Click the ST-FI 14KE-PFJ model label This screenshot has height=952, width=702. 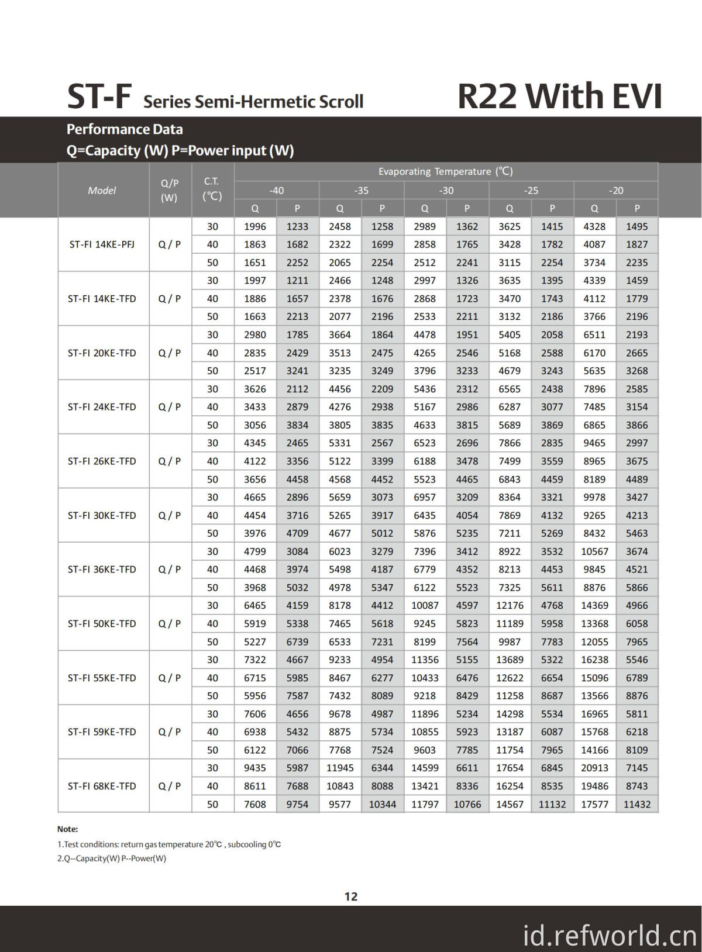102,244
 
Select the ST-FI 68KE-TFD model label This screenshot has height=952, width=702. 102,786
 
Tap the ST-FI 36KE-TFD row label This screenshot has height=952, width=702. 102,569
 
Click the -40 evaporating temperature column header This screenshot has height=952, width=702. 277,190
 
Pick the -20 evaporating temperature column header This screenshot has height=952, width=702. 616,190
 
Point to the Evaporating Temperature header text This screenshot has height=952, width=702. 445,171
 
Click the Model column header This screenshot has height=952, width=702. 102,190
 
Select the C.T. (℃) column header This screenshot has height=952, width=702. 212,189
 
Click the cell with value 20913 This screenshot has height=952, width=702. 594,768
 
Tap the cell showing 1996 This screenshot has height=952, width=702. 255,226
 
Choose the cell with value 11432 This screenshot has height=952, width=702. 637,804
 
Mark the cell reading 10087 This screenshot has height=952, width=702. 425,605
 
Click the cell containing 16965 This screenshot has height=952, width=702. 594,713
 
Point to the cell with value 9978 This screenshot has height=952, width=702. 594,497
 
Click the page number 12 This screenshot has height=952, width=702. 351,896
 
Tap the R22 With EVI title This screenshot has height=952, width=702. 559,96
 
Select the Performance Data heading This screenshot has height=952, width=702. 125,129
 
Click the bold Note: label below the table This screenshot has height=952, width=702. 67,829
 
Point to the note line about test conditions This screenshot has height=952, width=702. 169,844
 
